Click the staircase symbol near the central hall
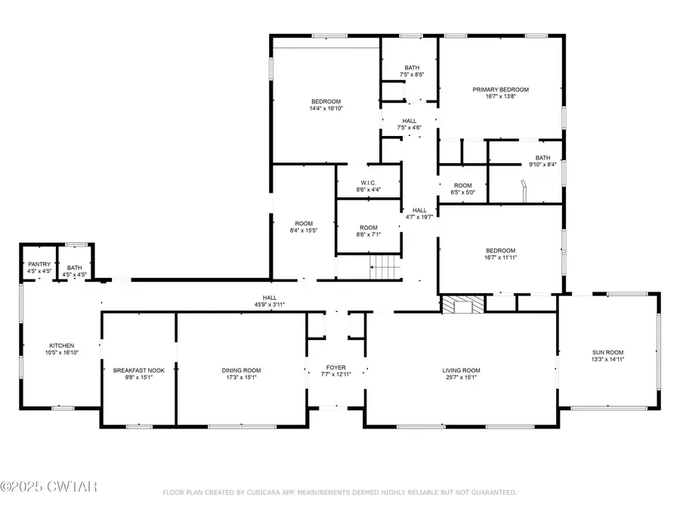385,267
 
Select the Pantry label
39,264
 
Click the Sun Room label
608,352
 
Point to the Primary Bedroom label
500,89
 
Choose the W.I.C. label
368,181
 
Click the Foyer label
335,366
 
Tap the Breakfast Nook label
133,370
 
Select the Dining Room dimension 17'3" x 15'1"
242,378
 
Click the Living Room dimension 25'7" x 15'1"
461,378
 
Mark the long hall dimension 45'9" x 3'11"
270,304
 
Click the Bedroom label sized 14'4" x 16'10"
326,101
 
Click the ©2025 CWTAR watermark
49,487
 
